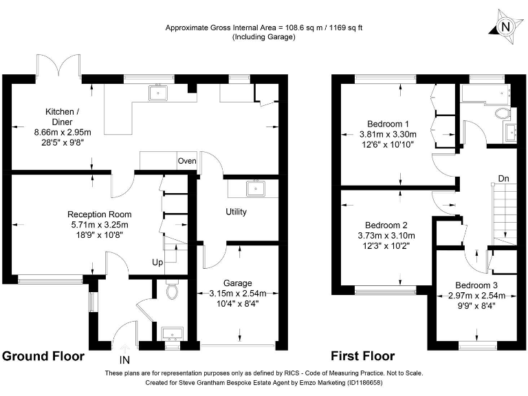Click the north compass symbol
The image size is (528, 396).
[x=505, y=27]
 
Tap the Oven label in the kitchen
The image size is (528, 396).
[x=187, y=161]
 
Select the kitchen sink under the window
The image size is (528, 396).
[x=158, y=93]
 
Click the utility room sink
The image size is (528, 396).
[x=256, y=188]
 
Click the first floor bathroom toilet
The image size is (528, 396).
[x=503, y=113]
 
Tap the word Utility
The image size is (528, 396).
[x=236, y=212]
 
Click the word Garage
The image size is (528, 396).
[x=238, y=283]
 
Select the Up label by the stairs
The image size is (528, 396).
[x=157, y=263]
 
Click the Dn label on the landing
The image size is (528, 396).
[x=503, y=179]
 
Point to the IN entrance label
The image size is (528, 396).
[x=124, y=360]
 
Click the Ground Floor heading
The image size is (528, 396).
[x=43, y=356]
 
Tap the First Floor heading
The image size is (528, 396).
[x=363, y=356]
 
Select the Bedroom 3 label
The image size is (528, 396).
[x=476, y=285]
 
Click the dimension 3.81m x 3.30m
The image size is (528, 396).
[x=388, y=134]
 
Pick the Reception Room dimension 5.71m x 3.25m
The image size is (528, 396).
[x=100, y=225]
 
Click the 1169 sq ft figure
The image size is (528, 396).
[x=346, y=27]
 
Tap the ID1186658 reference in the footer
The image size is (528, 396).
[x=364, y=383]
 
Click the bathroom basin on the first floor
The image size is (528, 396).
[x=510, y=132]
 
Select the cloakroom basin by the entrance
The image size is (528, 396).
[x=173, y=333]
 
